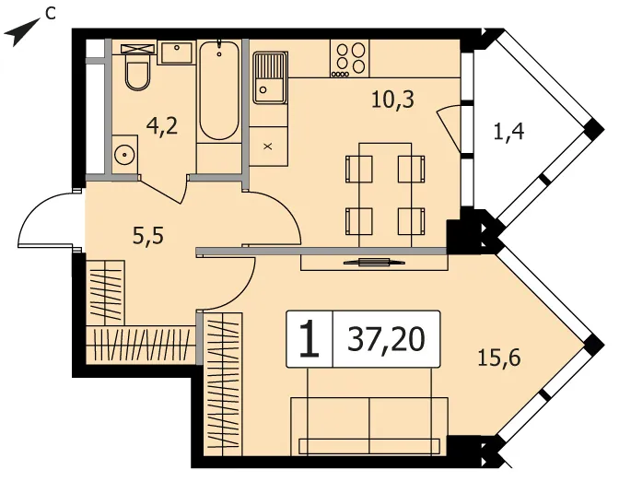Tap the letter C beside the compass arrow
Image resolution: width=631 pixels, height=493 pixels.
50,13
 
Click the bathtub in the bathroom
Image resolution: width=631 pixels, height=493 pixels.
219,90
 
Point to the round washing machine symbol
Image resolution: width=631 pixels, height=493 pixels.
124,154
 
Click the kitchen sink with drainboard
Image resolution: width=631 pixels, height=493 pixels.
270,77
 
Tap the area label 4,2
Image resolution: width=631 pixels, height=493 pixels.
162,127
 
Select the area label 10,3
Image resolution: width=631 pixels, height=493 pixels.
392,99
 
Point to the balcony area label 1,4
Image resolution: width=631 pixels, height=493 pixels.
508,131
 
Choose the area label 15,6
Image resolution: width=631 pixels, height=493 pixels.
499,357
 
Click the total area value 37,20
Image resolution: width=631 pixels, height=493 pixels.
386,339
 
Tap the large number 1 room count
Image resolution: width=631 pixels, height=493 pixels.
310,339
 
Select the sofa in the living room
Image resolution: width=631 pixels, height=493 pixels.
369,427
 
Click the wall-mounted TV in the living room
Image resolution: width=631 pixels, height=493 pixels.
374,263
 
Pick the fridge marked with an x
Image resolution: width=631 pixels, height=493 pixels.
268,147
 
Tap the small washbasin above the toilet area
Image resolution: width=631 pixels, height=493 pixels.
177,52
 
